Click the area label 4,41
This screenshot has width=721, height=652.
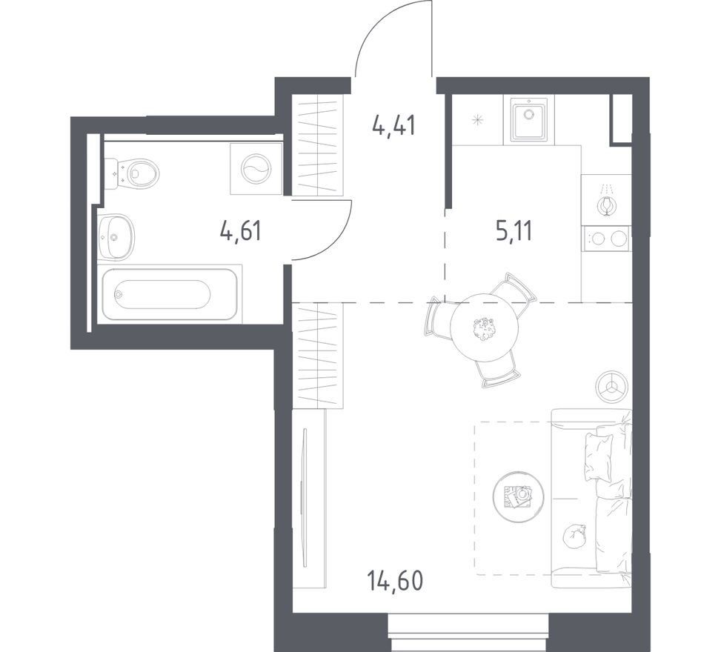(x=394, y=125)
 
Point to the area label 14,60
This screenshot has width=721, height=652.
(x=395, y=581)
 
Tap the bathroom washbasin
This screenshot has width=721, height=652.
(x=116, y=237)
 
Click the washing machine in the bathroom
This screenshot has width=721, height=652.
(x=256, y=169)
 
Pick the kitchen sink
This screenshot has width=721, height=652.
(x=529, y=121)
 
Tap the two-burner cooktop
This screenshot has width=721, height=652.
(x=606, y=239)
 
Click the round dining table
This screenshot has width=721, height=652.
(x=485, y=327)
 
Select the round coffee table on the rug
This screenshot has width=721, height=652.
(x=518, y=497)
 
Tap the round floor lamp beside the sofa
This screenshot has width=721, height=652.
(x=611, y=386)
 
